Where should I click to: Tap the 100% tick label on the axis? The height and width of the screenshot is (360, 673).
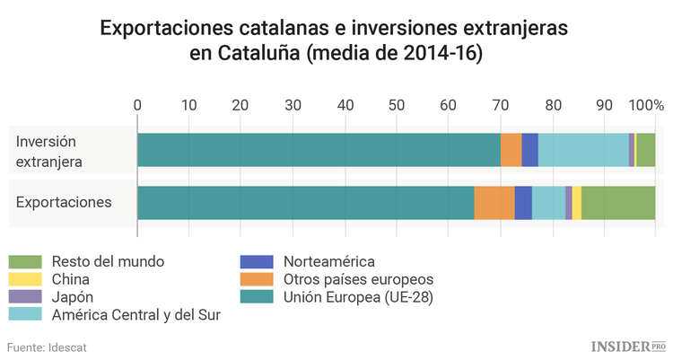tap(644, 105)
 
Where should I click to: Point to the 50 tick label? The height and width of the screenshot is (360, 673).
tap(397, 105)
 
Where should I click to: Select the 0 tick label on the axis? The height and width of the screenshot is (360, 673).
tap(137, 105)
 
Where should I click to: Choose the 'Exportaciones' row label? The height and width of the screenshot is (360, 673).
tap(64, 201)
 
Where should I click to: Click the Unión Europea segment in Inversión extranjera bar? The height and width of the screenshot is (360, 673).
tap(319, 150)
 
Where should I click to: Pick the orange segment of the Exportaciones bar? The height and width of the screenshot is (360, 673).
tap(494, 202)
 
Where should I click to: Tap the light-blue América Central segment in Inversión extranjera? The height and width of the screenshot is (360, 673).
tap(583, 150)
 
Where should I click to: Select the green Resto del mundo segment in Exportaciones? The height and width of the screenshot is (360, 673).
tap(618, 202)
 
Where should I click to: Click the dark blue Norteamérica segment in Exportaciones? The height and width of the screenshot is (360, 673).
tap(523, 202)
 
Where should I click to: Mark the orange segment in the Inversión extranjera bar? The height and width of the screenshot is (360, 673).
tap(511, 150)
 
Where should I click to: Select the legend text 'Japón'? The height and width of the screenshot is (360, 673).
tap(73, 297)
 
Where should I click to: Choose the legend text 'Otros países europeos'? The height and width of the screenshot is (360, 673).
tap(358, 279)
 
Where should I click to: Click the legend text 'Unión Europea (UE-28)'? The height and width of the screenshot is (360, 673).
tap(358, 297)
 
